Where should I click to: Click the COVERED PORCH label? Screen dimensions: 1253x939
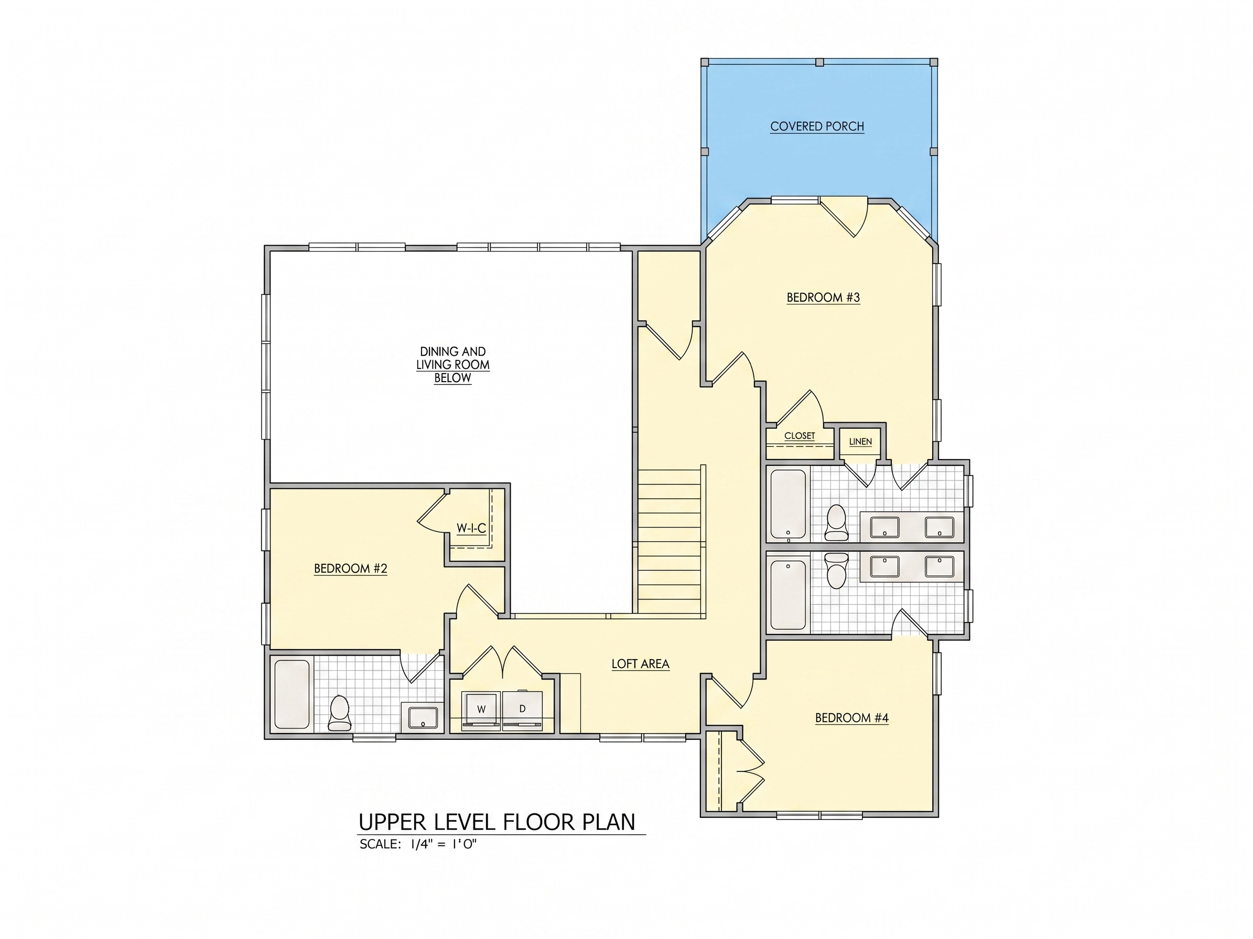[x=817, y=126]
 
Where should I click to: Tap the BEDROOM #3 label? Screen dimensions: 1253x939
[x=823, y=297]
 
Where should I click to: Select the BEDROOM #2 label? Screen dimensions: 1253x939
[x=351, y=568]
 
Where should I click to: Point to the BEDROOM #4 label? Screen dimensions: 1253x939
[x=851, y=718]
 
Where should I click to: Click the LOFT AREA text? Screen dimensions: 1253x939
[x=640, y=664]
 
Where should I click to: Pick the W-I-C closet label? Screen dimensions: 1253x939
[x=471, y=528]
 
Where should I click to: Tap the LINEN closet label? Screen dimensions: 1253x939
[x=860, y=442]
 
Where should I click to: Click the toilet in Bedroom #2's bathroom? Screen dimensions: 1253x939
[x=340, y=713]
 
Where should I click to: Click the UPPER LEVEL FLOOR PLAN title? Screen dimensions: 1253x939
[x=498, y=822]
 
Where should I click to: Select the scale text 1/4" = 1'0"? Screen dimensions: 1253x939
[x=444, y=845]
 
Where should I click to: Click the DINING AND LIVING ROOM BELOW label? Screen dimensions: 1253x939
[x=452, y=365]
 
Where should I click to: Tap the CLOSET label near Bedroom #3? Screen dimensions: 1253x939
[x=800, y=436]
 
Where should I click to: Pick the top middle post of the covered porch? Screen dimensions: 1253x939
[x=819, y=62]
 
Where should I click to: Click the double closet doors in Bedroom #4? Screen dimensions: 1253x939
[x=751, y=770]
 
